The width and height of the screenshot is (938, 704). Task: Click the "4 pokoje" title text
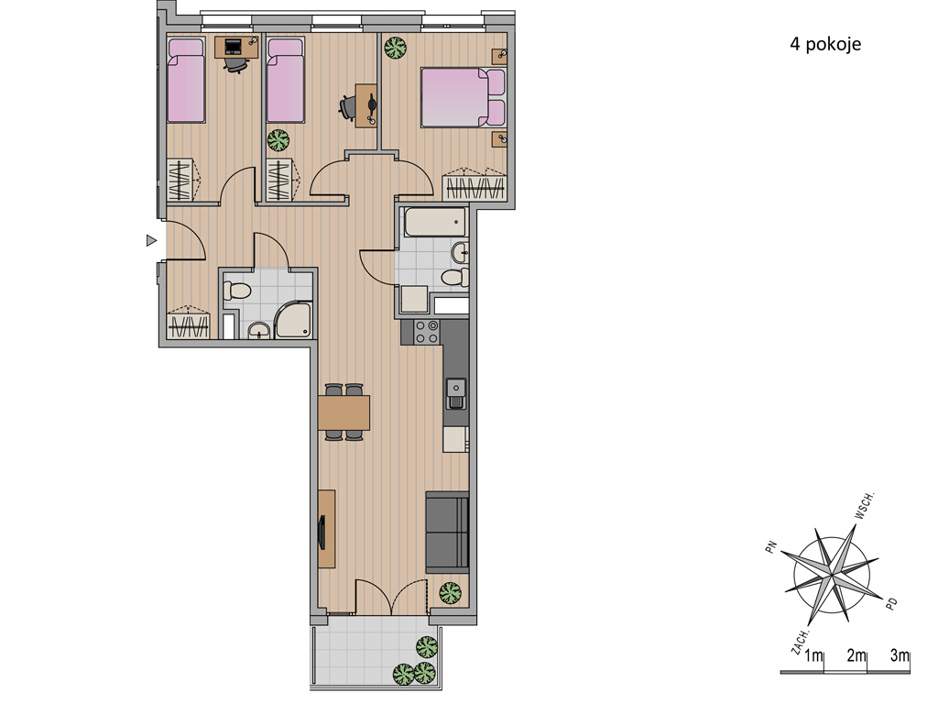coord(825,44)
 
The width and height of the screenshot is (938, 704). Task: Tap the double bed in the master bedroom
coord(463,97)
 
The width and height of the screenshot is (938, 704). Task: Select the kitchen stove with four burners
coord(427,332)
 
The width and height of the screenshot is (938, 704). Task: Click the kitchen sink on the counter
coord(456,393)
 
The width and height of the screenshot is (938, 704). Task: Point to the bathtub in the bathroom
coord(435,222)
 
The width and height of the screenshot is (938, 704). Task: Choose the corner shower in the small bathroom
coord(293,320)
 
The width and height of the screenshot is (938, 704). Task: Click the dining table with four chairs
coord(344,412)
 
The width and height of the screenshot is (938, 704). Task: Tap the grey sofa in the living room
coord(447,533)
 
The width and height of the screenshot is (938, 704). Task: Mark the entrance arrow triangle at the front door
coord(151,241)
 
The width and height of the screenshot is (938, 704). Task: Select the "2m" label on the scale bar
coord(856,655)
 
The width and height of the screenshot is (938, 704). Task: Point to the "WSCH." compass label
coord(864,506)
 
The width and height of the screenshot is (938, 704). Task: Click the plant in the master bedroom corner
coord(396,48)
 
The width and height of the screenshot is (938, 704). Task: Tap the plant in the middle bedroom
coord(278,140)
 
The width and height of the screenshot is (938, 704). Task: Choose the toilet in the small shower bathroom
coord(236,291)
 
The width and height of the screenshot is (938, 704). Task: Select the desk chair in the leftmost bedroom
coord(235,63)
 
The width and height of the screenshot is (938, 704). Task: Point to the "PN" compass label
coord(771,547)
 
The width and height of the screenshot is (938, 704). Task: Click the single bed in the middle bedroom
coord(286,81)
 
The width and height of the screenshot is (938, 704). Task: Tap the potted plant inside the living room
coord(450,593)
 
